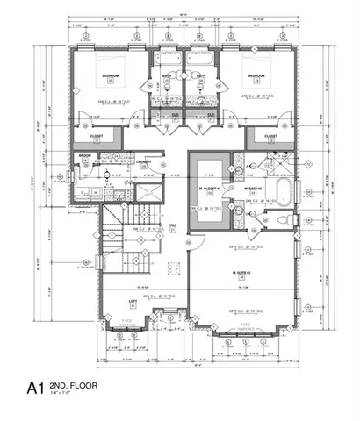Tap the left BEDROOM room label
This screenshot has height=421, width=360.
[x=110, y=76]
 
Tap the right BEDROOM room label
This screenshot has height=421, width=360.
[x=256, y=76]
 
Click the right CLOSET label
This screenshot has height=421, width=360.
[x=271, y=137]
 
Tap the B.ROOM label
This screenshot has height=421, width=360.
[x=85, y=156]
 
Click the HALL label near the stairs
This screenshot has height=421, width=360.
[x=172, y=225]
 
